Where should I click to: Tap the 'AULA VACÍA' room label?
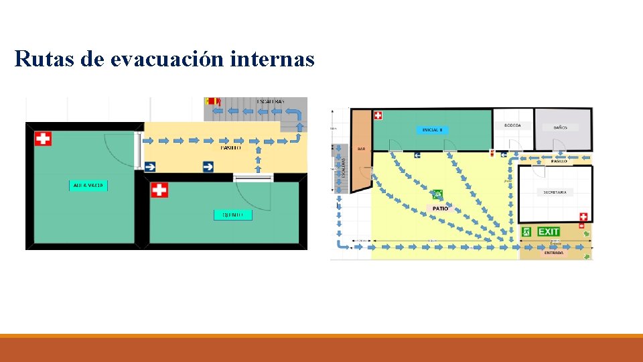(x=88, y=185)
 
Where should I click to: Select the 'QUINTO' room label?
(x=233, y=215)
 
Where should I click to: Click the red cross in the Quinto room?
(x=159, y=190)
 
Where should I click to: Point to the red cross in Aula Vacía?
(x=43, y=139)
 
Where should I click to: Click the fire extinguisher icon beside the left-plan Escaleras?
(x=212, y=101)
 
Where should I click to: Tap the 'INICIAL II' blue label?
(x=433, y=129)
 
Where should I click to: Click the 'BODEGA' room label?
(x=512, y=125)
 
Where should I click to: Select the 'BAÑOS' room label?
(x=561, y=127)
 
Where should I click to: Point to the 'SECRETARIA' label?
(x=555, y=192)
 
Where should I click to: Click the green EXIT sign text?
(x=549, y=232)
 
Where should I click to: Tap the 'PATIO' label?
(x=440, y=208)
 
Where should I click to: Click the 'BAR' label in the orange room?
(x=361, y=149)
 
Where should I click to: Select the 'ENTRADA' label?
(x=554, y=253)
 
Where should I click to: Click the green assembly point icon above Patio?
(x=438, y=195)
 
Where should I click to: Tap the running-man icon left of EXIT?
(x=526, y=232)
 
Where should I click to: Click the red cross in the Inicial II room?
(x=378, y=116)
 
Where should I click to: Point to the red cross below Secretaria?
(x=583, y=217)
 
